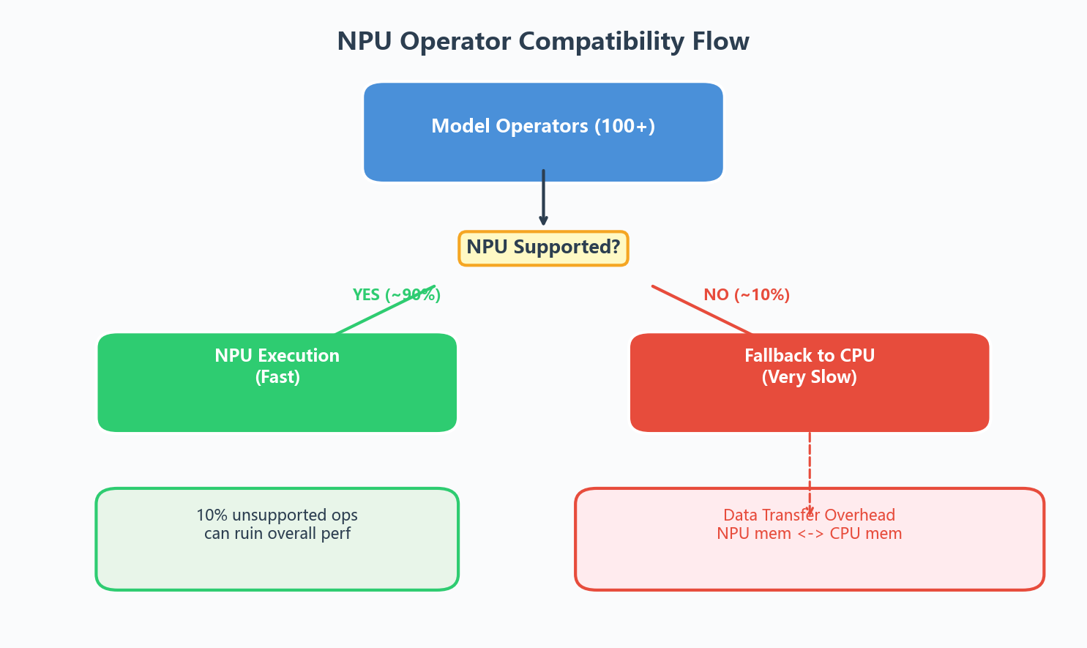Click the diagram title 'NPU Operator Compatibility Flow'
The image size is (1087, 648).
pos(543,41)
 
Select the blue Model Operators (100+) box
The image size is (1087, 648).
pos(543,132)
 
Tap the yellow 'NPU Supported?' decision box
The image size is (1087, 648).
pos(543,248)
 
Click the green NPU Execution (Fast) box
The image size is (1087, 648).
pos(277,382)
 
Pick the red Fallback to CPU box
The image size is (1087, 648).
pos(810,382)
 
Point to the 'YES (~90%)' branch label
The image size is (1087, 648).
pos(397,294)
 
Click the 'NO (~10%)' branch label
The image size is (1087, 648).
pos(747,294)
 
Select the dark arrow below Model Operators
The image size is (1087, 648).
pos(543,198)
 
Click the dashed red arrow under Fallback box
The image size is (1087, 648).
pos(810,473)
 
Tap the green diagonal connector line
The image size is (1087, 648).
pos(385,310)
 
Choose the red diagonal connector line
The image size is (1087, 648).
pos(702,310)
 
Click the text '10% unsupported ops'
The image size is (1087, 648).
pos(277,515)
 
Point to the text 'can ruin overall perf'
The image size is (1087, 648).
pos(277,534)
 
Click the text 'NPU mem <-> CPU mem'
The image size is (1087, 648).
pos(810,534)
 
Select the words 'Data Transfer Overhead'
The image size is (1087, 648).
pos(810,515)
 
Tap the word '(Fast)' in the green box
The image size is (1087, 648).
pos(277,377)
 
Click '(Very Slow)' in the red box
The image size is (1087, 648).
pos(810,377)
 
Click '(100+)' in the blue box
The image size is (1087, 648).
pos(624,126)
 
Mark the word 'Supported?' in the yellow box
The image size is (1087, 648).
pos(567,247)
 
